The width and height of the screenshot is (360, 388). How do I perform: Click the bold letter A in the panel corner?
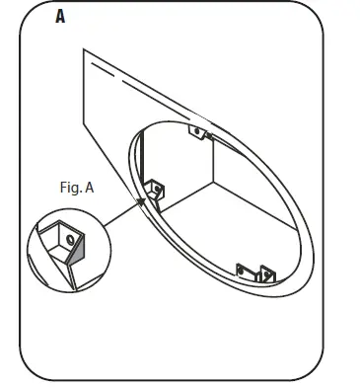coord(61,18)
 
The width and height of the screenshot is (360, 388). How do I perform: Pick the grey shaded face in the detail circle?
coord(68,263)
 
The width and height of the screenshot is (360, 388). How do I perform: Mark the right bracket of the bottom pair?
coord(263,272)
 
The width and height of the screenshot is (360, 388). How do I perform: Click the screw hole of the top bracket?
coord(198,130)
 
